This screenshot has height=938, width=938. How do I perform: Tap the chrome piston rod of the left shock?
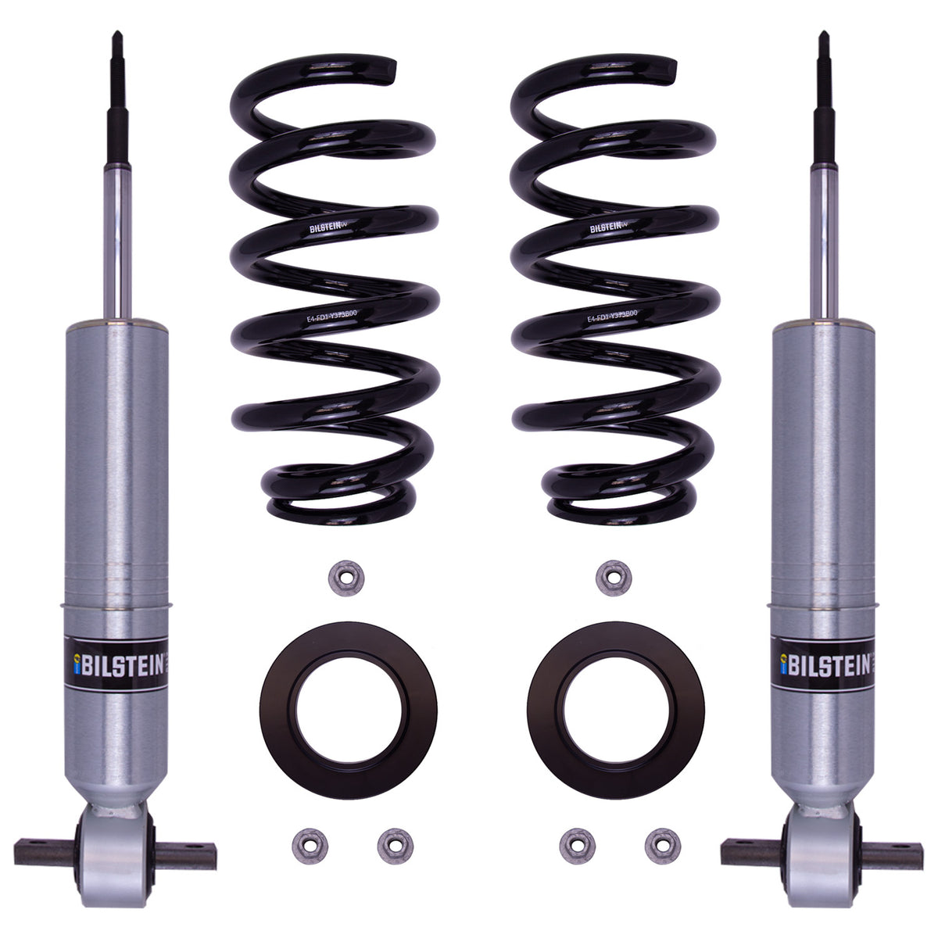pos(119,234)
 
